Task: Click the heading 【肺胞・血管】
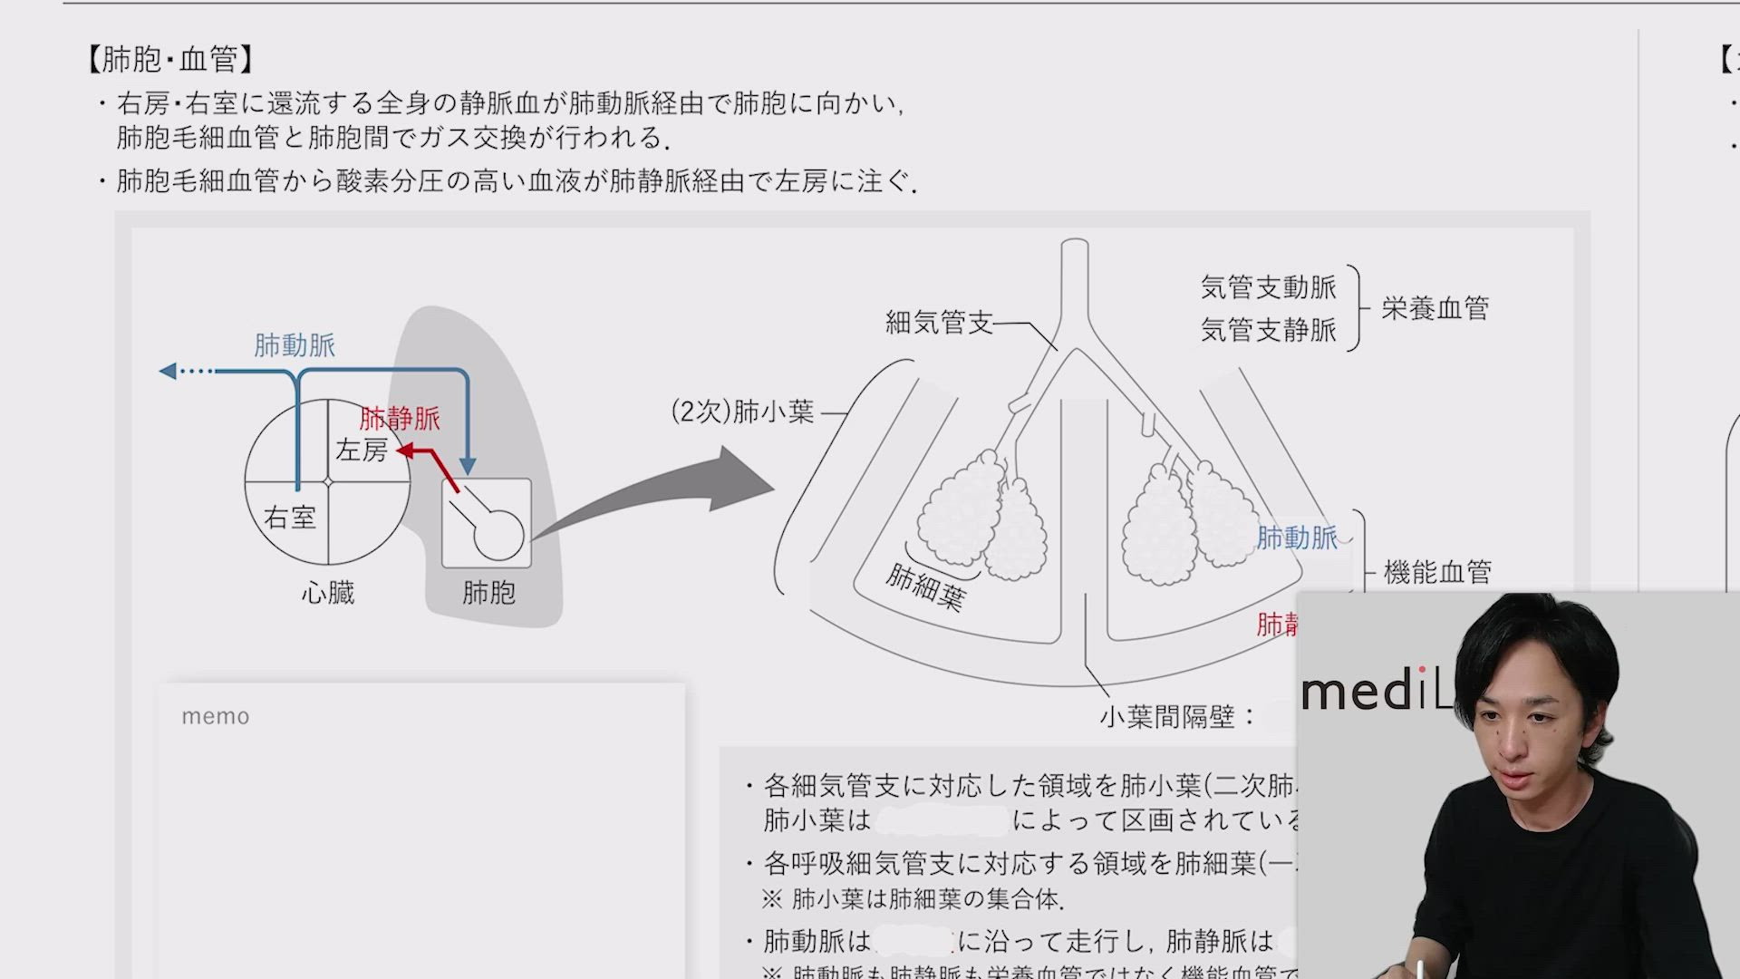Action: [169, 60]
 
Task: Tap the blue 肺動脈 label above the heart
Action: [295, 345]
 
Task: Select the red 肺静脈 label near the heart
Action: [400, 419]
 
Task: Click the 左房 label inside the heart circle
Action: [362, 451]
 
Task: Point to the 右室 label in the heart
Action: [289, 518]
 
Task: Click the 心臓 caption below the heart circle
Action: [328, 594]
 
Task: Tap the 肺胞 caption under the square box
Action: [488, 593]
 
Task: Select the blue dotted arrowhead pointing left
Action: [169, 371]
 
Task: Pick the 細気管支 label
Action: [939, 323]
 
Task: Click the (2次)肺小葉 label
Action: [742, 412]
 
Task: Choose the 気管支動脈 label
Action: [1268, 287]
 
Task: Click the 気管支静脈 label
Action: [1268, 330]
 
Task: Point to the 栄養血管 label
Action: [1435, 309]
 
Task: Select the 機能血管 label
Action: [1437, 572]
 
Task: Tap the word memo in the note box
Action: [216, 716]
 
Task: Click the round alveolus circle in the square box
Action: [498, 535]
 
